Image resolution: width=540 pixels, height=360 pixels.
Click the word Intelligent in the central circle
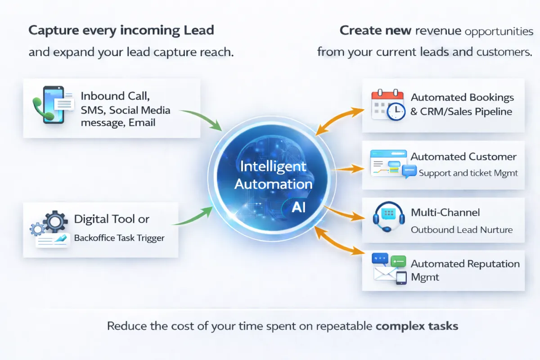point(273,166)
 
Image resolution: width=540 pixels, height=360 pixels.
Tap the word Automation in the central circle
point(273,184)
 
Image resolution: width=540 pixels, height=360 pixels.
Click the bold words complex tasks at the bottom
point(416,325)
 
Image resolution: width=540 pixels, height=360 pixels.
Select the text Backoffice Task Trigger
point(119,238)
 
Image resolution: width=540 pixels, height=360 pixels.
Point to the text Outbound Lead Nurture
point(461,229)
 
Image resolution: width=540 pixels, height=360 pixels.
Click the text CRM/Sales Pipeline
point(466,112)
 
